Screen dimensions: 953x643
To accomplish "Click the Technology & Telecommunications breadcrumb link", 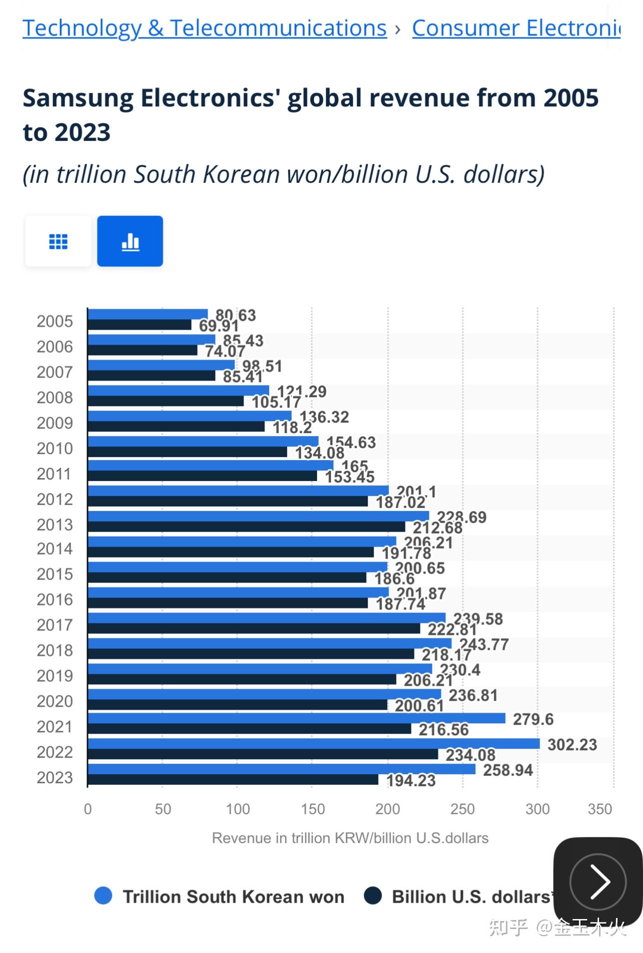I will (204, 28).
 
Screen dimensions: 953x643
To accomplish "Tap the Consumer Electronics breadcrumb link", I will (516, 28).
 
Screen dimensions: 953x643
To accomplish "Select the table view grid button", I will (58, 241).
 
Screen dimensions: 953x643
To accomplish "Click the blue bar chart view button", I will (130, 241).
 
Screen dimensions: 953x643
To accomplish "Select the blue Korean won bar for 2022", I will (314, 744).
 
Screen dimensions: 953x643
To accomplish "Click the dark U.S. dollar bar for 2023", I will (233, 780).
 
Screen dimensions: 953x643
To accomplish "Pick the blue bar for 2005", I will (148, 314).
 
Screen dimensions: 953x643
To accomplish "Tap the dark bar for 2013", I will (246, 527).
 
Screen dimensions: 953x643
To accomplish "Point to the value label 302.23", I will (572, 745).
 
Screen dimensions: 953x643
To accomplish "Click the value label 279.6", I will (533, 719).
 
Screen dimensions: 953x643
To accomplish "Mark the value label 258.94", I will (508, 770).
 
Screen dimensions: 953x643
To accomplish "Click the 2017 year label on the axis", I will (55, 625).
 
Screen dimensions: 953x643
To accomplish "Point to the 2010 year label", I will (55, 449).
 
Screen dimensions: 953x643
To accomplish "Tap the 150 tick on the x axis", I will (313, 809).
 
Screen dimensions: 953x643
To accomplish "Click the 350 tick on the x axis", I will (600, 809).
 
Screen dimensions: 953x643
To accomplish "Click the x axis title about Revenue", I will (350, 838).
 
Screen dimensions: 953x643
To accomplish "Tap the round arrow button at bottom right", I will (598, 882).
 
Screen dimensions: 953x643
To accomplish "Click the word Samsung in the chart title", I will (78, 98).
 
